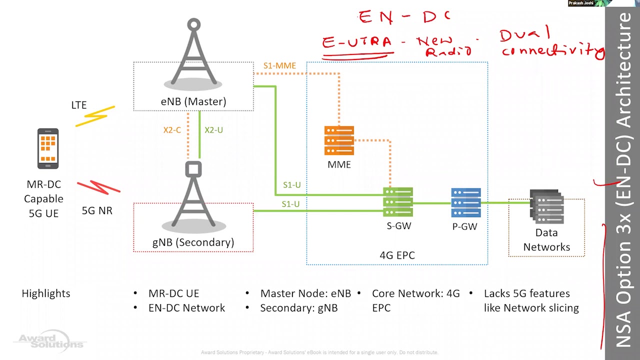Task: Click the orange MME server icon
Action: point(339,140)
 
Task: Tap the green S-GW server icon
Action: point(398,202)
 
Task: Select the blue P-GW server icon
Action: point(465,203)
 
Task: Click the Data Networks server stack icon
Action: point(547,206)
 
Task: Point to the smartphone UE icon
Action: point(48,148)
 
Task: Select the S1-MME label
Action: point(279,65)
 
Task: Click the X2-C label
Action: point(172,130)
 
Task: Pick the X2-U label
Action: point(213,130)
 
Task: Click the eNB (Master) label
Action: point(193,101)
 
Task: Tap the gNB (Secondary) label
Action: point(193,242)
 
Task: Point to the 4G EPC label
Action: point(397,255)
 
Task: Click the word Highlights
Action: point(46,293)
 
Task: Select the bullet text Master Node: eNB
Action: point(305,293)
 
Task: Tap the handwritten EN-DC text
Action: point(404,17)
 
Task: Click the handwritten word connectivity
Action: point(552,50)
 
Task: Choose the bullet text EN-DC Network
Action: point(186,308)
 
